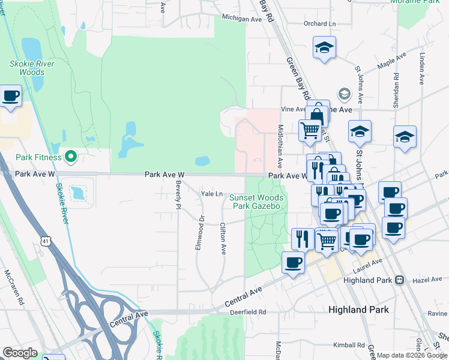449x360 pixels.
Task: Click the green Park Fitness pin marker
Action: point(71,157)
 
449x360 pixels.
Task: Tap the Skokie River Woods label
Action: point(32,68)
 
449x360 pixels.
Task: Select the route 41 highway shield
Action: point(46,223)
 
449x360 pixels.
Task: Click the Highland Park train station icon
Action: point(399,280)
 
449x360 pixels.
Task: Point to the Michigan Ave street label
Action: point(243,19)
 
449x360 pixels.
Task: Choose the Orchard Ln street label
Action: point(319,24)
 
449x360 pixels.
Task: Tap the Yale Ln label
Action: point(211,194)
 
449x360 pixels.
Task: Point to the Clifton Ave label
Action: point(223,238)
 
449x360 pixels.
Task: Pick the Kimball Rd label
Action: point(351,345)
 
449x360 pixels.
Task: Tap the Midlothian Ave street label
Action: point(280,146)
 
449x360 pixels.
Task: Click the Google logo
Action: point(20,353)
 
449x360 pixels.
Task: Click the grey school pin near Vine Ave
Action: point(345,94)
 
